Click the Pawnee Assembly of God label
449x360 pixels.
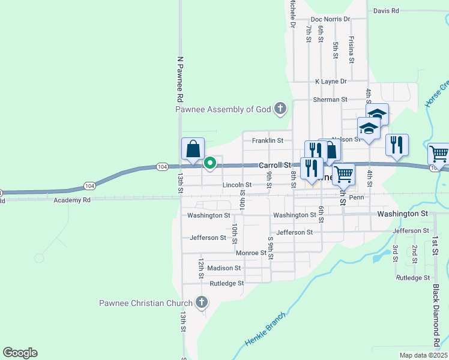tap(223, 110)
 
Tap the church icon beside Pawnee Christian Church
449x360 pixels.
tap(202, 303)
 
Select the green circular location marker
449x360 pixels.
tap(210, 162)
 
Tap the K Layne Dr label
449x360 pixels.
tap(331, 81)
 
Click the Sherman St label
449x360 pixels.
tap(330, 99)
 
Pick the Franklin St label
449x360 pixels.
tap(267, 140)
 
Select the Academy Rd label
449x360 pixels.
tap(71, 200)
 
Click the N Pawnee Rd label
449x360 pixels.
tap(179, 79)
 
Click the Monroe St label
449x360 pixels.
tap(251, 253)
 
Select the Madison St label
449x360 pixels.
tap(224, 268)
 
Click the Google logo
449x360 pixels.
tap(20, 353)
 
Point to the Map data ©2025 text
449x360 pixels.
tap(424, 355)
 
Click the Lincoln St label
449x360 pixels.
tap(237, 185)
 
